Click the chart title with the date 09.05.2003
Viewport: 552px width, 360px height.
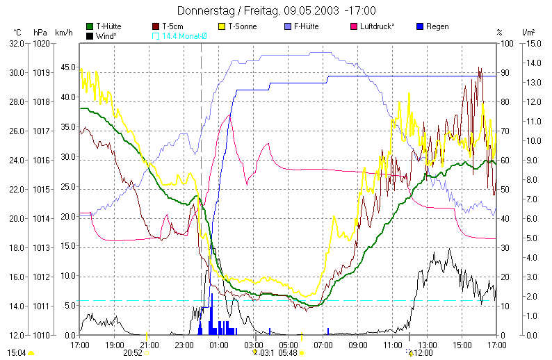(x=276, y=10)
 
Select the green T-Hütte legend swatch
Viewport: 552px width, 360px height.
(x=90, y=26)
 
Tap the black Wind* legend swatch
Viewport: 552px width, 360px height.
(x=90, y=35)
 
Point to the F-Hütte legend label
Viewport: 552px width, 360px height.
(x=307, y=26)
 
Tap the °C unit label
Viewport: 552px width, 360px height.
(x=17, y=33)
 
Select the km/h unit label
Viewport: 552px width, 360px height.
(x=63, y=33)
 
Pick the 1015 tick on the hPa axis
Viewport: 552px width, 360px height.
(x=41, y=190)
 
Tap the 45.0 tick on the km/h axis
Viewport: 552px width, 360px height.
(x=67, y=67)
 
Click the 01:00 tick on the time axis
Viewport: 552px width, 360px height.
(x=219, y=345)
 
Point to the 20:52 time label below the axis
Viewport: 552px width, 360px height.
(x=133, y=353)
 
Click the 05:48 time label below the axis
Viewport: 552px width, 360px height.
(x=288, y=353)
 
